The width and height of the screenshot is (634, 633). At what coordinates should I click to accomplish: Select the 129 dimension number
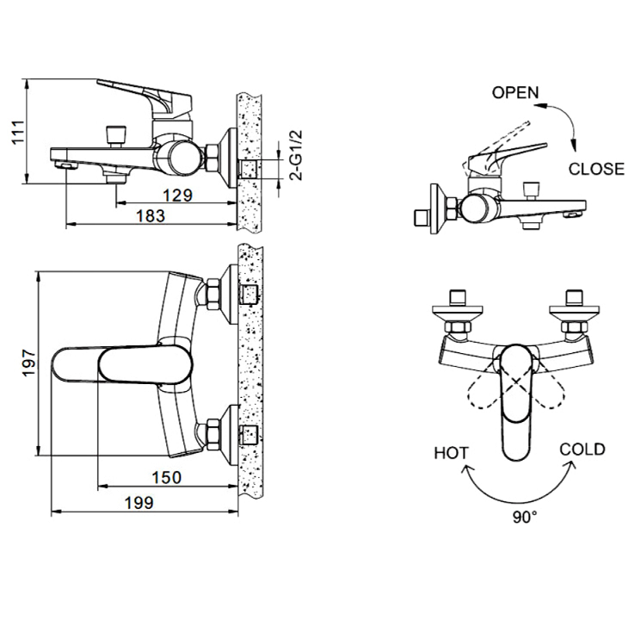coord(177,195)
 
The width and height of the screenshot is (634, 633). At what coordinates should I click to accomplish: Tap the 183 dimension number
coord(150,215)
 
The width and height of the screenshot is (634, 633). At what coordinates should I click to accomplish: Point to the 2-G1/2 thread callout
coord(297,155)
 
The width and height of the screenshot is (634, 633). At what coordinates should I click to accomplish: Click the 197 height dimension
coord(29,363)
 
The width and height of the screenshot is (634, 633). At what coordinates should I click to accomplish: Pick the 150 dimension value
coord(167,478)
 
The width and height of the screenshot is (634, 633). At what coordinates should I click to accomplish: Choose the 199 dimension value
coord(139,503)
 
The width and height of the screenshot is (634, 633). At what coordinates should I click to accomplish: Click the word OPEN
coord(515,93)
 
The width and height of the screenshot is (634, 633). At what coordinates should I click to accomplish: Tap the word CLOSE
coord(596,169)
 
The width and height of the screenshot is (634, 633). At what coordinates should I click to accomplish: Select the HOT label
coord(452,453)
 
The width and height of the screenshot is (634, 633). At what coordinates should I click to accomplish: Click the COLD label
coord(582,450)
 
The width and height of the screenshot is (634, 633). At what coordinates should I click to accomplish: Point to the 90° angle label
coord(526,517)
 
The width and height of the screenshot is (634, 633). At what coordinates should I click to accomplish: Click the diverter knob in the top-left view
coord(115,137)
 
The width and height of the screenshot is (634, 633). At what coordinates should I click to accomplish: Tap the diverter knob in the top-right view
coord(531,190)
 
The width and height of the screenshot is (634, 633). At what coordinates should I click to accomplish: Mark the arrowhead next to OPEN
coord(539,106)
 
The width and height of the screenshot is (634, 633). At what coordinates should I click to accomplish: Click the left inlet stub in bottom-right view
coord(458,298)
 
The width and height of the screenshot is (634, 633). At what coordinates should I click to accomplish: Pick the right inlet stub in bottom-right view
coord(574,298)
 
